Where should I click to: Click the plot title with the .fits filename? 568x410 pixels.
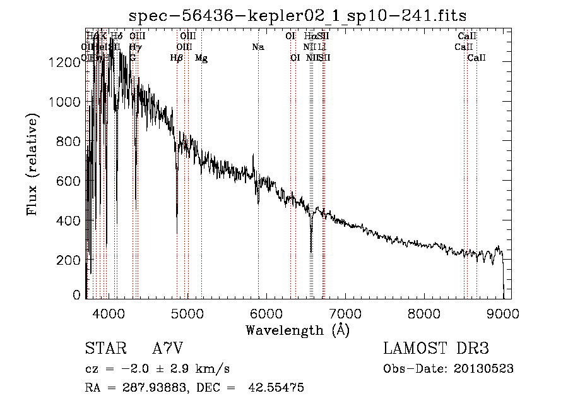297,16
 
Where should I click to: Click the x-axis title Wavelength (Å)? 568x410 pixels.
297,330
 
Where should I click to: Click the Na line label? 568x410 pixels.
257,47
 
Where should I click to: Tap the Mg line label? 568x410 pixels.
201,58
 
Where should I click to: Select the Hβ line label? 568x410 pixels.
177,58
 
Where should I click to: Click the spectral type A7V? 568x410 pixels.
168,349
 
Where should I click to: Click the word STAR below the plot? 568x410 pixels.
105,349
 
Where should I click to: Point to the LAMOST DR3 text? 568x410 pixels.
435,349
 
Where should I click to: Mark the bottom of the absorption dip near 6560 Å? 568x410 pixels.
311,251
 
